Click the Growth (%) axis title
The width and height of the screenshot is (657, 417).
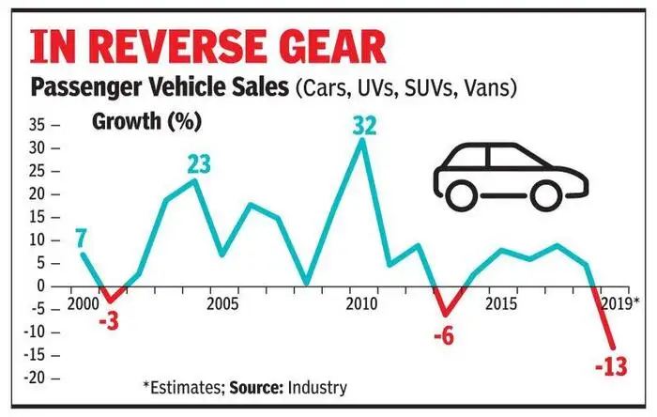pos(137,121)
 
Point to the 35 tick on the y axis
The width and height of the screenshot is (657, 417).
pos(38,125)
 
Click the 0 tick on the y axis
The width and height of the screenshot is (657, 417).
pos(43,286)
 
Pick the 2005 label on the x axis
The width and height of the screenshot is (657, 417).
pos(222,305)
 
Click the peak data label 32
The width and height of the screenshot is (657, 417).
pos(362,125)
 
